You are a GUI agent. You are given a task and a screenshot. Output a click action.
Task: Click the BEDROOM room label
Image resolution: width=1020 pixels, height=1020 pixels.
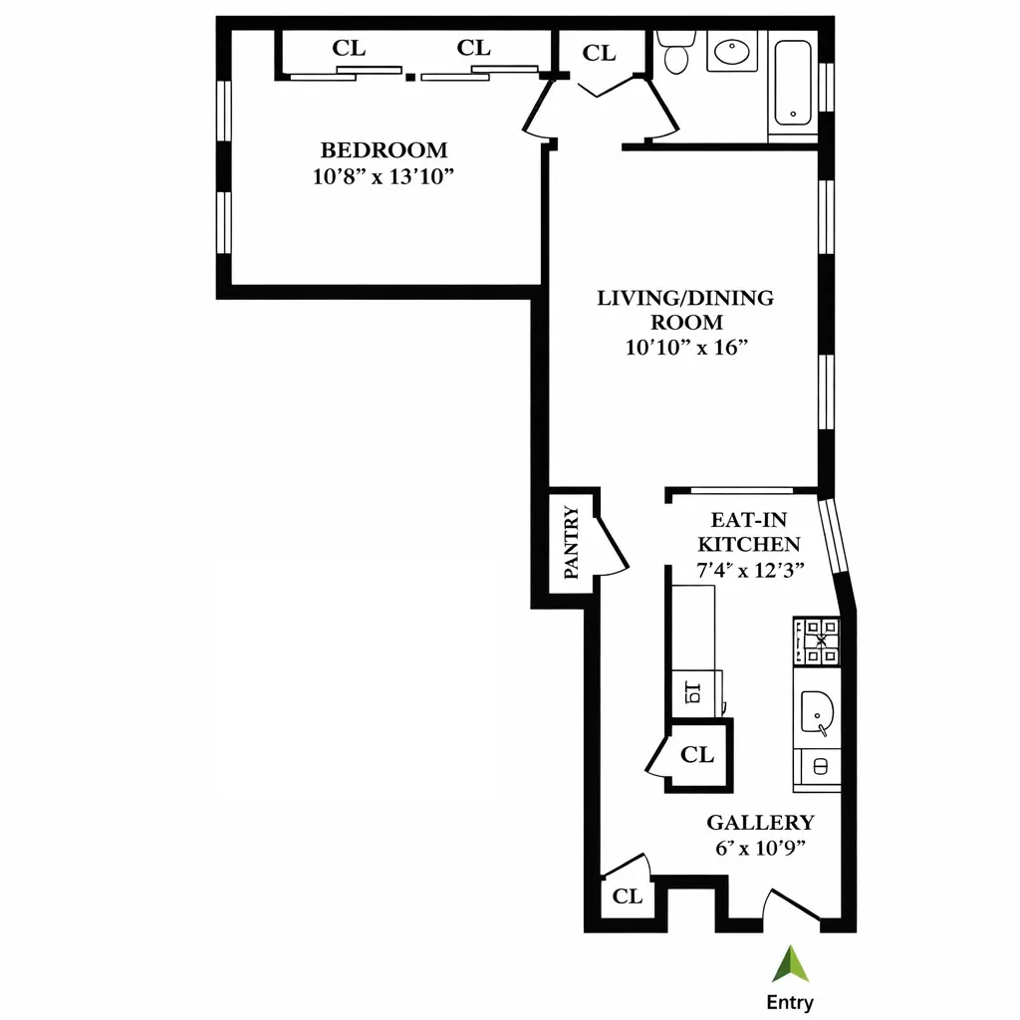pyautogui.click(x=383, y=150)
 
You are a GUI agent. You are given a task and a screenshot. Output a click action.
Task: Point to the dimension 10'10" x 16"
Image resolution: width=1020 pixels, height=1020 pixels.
pyautogui.click(x=685, y=348)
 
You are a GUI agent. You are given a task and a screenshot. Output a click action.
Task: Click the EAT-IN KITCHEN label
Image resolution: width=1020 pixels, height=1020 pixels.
pyautogui.click(x=749, y=532)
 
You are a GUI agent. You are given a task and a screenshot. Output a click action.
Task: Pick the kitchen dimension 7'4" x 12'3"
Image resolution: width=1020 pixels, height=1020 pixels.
pyautogui.click(x=750, y=571)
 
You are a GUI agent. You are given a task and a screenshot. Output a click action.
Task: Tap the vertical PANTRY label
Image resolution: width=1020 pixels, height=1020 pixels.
pyautogui.click(x=571, y=543)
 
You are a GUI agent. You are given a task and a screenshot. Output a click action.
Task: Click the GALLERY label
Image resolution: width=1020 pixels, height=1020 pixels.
pyautogui.click(x=760, y=823)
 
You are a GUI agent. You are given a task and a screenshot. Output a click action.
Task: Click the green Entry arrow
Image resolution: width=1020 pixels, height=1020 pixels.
pyautogui.click(x=790, y=964)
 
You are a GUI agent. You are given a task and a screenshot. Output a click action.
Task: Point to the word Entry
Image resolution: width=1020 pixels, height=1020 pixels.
pyautogui.click(x=790, y=1002)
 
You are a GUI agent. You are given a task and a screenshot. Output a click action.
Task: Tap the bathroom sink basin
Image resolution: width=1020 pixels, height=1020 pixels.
pyautogui.click(x=733, y=50)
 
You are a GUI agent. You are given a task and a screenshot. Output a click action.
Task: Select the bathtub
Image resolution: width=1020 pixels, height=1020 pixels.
pyautogui.click(x=793, y=83)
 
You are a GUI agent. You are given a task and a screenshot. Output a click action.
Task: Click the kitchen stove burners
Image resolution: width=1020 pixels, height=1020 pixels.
pyautogui.click(x=816, y=641)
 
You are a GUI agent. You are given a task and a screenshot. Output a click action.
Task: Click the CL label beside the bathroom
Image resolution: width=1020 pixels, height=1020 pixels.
pyautogui.click(x=599, y=54)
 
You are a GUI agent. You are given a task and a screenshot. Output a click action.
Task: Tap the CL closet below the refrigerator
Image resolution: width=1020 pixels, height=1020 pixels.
pyautogui.click(x=697, y=755)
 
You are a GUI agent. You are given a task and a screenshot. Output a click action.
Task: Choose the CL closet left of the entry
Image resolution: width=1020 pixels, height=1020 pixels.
pyautogui.click(x=627, y=896)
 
